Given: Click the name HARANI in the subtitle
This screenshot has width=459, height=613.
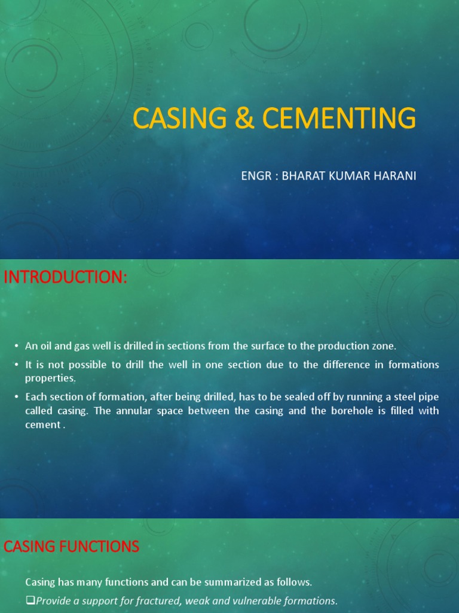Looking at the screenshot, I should [x=397, y=176].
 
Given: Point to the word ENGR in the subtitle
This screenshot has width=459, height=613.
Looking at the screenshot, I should [x=254, y=176].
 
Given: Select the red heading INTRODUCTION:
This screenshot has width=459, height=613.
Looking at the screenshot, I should [x=66, y=278].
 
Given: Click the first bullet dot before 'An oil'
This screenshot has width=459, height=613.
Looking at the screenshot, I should [x=16, y=347].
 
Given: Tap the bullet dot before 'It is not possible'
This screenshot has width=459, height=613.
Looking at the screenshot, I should [x=16, y=365].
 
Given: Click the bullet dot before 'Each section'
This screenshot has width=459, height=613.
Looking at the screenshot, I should [x=16, y=397].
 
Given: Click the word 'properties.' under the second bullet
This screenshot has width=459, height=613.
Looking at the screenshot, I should [x=50, y=378].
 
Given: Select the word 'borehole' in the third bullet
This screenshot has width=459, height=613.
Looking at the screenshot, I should [x=341, y=411].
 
